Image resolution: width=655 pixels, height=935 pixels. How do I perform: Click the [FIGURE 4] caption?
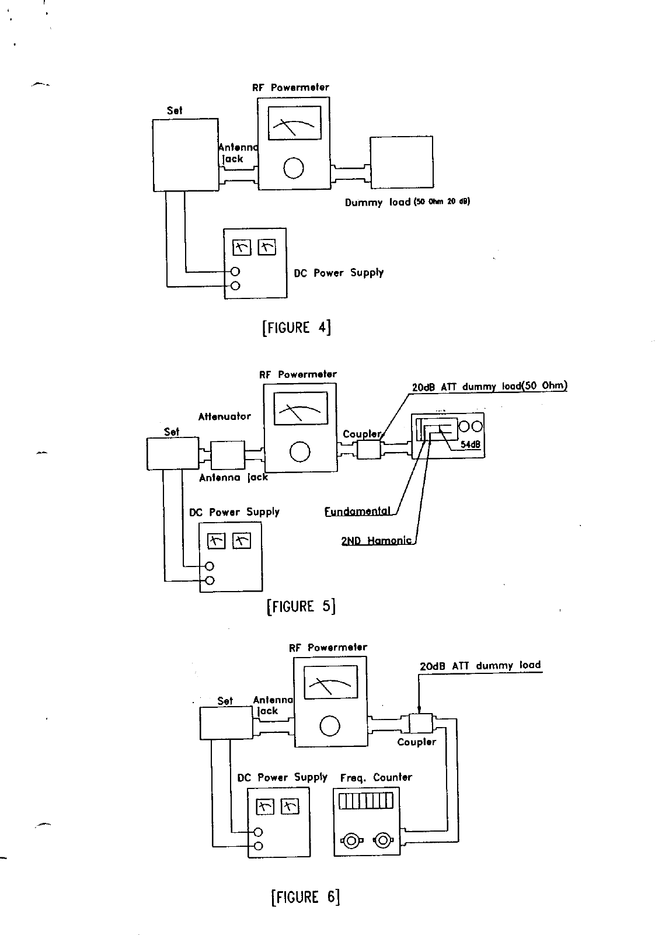[297, 327]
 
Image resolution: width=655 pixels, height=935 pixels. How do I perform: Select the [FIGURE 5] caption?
[301, 606]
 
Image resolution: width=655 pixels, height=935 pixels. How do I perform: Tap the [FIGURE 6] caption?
[305, 896]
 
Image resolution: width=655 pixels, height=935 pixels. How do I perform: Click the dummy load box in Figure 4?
[401, 162]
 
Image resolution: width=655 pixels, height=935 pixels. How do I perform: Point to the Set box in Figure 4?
[186, 155]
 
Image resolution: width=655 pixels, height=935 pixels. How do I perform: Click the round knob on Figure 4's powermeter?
[294, 168]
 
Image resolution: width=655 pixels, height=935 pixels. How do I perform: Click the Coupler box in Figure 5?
[368, 449]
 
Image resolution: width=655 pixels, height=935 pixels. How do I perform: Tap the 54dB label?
[470, 444]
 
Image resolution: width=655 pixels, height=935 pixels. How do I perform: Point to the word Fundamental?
[357, 512]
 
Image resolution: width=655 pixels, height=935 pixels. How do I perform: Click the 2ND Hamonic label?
[377, 541]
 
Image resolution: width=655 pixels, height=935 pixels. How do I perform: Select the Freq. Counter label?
[376, 777]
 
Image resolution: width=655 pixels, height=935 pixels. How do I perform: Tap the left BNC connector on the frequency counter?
[351, 841]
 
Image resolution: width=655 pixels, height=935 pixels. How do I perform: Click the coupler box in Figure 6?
[420, 724]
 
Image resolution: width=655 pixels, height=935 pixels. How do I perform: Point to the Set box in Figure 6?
[226, 723]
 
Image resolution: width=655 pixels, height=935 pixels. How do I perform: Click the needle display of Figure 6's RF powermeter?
[331, 681]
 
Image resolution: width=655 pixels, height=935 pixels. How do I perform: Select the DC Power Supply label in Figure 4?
[339, 273]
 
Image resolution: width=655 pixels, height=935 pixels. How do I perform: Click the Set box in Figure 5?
[172, 453]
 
